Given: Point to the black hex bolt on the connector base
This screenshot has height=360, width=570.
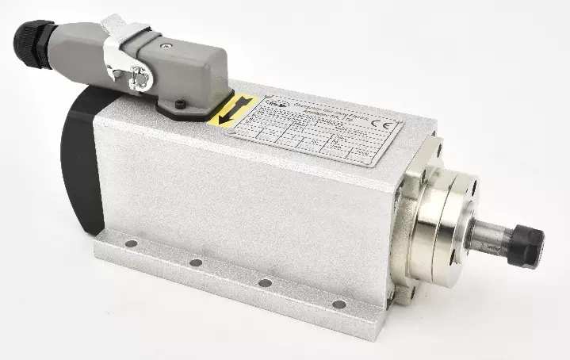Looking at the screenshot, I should click(182, 104).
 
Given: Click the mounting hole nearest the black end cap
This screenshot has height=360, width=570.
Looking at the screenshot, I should click(131, 244).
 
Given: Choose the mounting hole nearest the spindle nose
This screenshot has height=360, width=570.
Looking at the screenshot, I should click(339, 304).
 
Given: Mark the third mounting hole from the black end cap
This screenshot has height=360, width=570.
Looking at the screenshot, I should click(265, 282).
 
